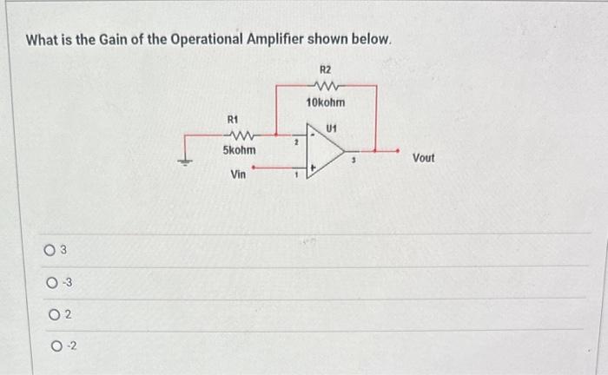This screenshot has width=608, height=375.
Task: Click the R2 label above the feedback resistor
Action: click(326, 69)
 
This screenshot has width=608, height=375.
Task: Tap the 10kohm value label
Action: click(326, 102)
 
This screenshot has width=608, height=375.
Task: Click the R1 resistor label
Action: click(232, 118)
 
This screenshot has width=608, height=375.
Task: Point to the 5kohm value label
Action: click(239, 150)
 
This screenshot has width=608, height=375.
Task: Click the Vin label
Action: click(238, 174)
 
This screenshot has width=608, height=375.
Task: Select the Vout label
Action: click(423, 158)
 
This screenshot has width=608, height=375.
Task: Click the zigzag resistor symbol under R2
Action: click(326, 85)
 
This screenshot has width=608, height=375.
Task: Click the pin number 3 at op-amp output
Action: click(355, 160)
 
